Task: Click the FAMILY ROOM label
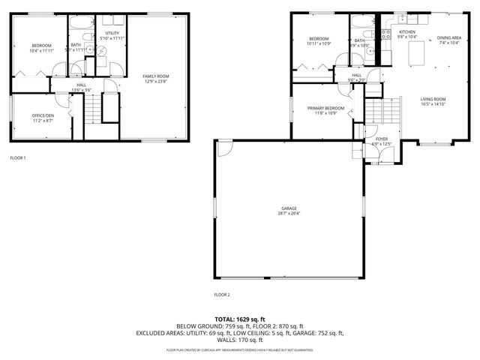click(156, 76)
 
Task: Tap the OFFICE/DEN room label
click(41, 115)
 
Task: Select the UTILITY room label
click(112, 34)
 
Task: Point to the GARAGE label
click(289, 208)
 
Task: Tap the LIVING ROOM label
click(433, 99)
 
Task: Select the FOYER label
click(382, 139)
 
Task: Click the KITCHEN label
click(407, 32)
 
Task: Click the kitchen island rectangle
click(417, 55)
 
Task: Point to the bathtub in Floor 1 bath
click(79, 23)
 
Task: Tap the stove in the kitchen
click(386, 34)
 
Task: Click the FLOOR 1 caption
click(17, 158)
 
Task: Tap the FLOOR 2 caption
click(222, 295)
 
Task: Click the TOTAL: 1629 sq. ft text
click(240, 319)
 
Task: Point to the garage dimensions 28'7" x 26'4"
click(289, 213)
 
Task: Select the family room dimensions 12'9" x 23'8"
click(156, 82)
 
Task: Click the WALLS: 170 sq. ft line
click(240, 340)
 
